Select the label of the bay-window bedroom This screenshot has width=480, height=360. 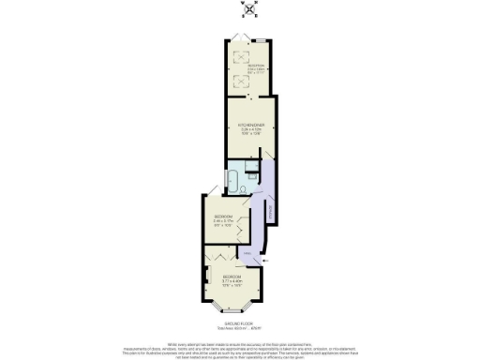[x=232, y=278]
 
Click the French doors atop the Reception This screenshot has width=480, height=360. [x=241, y=38]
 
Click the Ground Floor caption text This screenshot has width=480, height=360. [x=240, y=322]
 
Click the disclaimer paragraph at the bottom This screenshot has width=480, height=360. [x=240, y=347]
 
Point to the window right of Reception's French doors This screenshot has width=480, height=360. [x=263, y=41]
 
